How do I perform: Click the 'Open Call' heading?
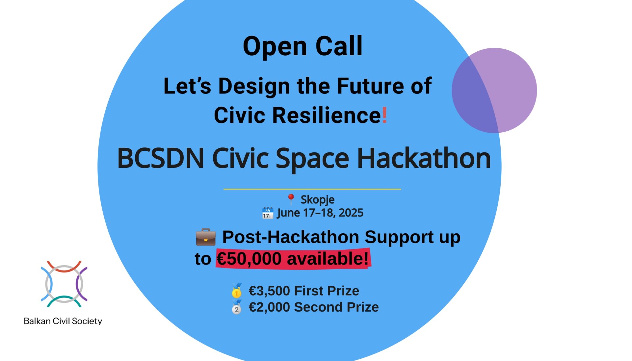(303, 46)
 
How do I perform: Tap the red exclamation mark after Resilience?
(384, 115)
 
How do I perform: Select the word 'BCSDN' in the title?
(161, 158)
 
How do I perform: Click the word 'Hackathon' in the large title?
(424, 158)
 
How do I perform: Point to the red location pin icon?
(291, 199)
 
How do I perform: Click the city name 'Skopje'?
(317, 200)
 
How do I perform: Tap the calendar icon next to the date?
(268, 213)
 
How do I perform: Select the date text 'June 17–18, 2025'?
(320, 213)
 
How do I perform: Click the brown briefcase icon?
(206, 237)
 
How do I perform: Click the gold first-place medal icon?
(236, 291)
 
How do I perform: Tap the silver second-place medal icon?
(236, 307)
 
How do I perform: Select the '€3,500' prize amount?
(269, 291)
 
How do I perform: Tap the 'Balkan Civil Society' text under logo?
(63, 321)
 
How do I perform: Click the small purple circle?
(494, 90)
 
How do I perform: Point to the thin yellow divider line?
(312, 189)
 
